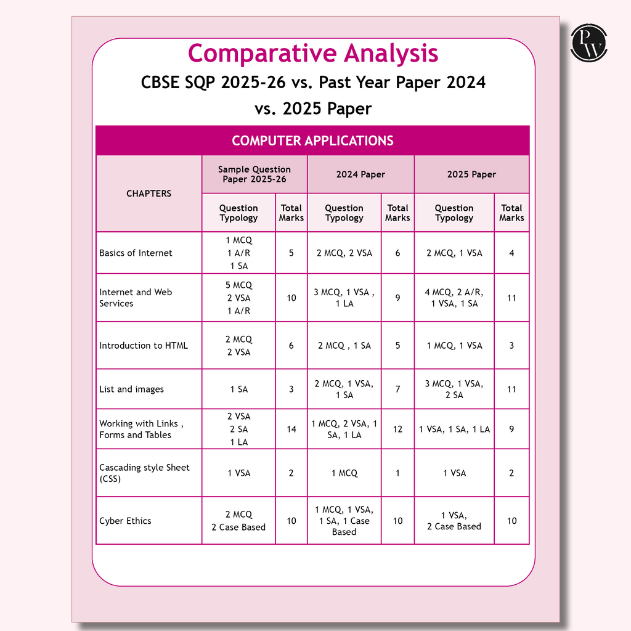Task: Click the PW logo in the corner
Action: [x=589, y=43]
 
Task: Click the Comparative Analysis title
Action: [x=312, y=54]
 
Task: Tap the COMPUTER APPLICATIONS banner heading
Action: [x=312, y=140]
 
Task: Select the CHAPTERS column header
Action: [x=149, y=193]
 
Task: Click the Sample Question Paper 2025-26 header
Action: [x=254, y=174]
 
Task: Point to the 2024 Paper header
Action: [x=360, y=174]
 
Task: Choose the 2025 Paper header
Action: [x=471, y=174]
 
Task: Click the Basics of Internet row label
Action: [x=136, y=253]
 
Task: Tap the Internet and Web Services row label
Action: [x=136, y=298]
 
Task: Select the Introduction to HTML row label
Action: [x=144, y=346]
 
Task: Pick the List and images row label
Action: [x=131, y=389]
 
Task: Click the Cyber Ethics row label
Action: [x=125, y=521]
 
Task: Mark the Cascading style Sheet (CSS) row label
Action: [x=144, y=473]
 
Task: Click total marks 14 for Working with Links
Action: [x=291, y=429]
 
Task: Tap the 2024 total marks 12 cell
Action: [x=397, y=429]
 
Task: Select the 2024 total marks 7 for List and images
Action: [x=397, y=389]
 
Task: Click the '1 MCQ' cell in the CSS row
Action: [x=344, y=473]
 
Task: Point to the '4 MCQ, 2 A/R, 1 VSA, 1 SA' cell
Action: [x=454, y=298]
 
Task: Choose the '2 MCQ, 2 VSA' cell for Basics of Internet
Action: [x=344, y=253]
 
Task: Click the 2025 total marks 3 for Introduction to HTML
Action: [x=511, y=346]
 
